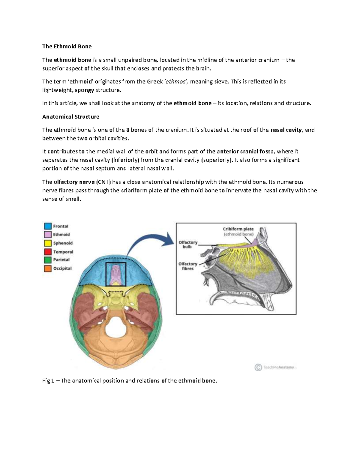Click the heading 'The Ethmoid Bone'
point(67,47)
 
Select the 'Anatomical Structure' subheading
point(71,116)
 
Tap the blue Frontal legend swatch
point(48,226)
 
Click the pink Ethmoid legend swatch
point(48,234)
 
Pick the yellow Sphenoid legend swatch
point(48,243)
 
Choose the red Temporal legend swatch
point(48,251)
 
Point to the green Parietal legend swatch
point(48,260)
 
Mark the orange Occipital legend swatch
point(48,268)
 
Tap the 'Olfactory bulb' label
point(188,244)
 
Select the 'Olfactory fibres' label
point(188,266)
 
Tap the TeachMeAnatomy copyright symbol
point(258,367)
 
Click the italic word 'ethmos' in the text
point(176,82)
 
